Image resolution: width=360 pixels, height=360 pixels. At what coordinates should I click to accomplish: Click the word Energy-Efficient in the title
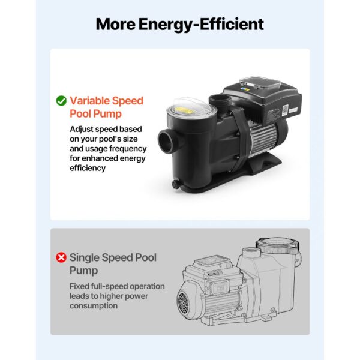click(201, 25)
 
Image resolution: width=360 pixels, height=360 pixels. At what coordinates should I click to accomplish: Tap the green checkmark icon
click(61, 101)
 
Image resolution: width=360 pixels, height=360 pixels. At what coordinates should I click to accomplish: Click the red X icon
click(61, 257)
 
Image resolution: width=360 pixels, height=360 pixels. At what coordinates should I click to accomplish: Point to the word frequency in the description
click(128, 149)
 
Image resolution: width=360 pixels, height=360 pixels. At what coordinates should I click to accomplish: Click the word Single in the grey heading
click(84, 257)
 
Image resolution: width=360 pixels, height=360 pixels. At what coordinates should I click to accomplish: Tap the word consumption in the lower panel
click(94, 306)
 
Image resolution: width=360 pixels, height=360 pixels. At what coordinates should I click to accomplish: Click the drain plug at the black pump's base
click(176, 184)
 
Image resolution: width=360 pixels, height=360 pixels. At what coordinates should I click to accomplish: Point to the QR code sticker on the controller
click(284, 110)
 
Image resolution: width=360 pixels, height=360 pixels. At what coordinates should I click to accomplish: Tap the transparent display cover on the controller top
click(259, 85)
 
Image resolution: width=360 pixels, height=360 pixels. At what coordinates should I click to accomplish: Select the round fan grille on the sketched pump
click(183, 304)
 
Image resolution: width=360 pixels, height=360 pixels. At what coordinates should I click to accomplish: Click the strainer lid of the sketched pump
click(277, 247)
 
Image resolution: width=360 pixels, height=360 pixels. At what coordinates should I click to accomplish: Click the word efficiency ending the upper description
click(88, 168)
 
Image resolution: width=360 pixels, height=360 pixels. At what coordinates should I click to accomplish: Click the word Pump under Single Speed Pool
click(84, 271)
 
